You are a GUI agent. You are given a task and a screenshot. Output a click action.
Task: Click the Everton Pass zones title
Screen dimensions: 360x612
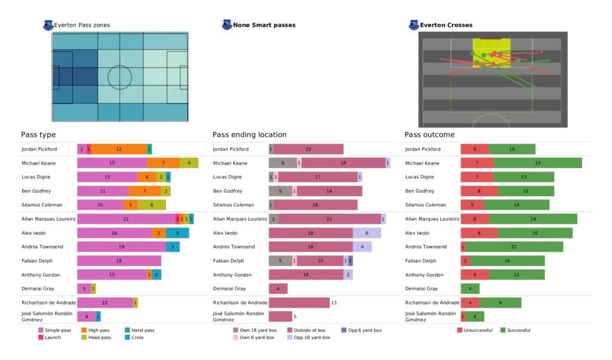(82, 25)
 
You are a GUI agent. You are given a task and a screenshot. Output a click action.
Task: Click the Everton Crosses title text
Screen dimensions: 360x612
(446, 25)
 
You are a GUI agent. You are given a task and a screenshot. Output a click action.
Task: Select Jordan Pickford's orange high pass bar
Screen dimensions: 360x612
(118, 149)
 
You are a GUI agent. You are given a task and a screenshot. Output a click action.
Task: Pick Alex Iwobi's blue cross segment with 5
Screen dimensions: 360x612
(178, 233)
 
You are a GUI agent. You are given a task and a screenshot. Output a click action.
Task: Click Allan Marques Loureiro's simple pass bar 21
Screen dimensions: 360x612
(126, 219)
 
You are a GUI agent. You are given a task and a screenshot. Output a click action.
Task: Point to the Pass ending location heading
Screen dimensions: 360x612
(249, 135)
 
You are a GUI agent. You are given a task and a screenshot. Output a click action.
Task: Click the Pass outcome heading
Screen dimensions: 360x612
(429, 135)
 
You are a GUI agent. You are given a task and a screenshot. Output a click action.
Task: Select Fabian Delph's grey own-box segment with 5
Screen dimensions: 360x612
(280, 261)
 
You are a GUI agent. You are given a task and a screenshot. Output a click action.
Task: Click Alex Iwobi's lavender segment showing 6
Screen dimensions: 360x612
(366, 233)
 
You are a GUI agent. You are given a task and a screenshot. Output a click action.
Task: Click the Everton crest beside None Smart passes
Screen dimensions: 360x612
(227, 25)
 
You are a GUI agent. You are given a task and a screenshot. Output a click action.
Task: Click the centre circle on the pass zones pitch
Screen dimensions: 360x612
(120, 77)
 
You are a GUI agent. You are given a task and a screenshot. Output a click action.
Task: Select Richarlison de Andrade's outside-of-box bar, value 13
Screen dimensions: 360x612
(299, 303)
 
